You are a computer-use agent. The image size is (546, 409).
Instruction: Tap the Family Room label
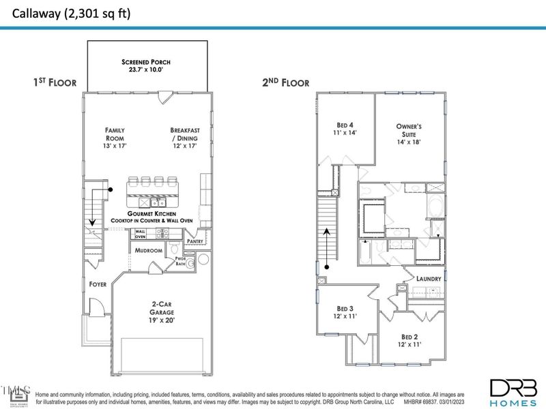pyautogui.click(x=115, y=134)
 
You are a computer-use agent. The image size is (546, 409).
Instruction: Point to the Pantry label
pyautogui.click(x=195, y=241)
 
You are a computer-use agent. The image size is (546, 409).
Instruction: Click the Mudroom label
pyautogui.click(x=148, y=251)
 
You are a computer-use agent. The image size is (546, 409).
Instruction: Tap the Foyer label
pyautogui.click(x=97, y=284)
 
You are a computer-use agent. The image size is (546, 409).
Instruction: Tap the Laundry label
pyautogui.click(x=429, y=279)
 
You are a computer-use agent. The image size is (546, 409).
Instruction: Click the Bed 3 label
pyautogui.click(x=347, y=312)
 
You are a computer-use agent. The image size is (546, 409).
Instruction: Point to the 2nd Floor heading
pyautogui.click(x=285, y=82)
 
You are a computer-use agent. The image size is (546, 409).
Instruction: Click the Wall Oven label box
pyautogui.click(x=140, y=234)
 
